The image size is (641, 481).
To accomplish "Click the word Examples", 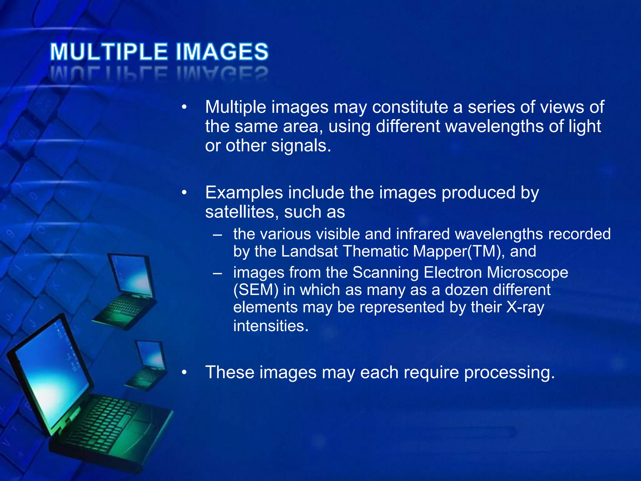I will pyautogui.click(x=244, y=193).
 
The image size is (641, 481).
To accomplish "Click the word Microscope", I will pyautogui.click(x=527, y=272).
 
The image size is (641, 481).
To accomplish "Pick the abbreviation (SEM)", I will pyautogui.click(x=256, y=290).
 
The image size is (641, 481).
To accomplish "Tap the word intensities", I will pyautogui.click(x=271, y=326).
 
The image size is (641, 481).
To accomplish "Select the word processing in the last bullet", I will pyautogui.click(x=510, y=373).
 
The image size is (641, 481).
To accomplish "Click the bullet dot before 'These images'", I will pyautogui.click(x=184, y=373).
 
